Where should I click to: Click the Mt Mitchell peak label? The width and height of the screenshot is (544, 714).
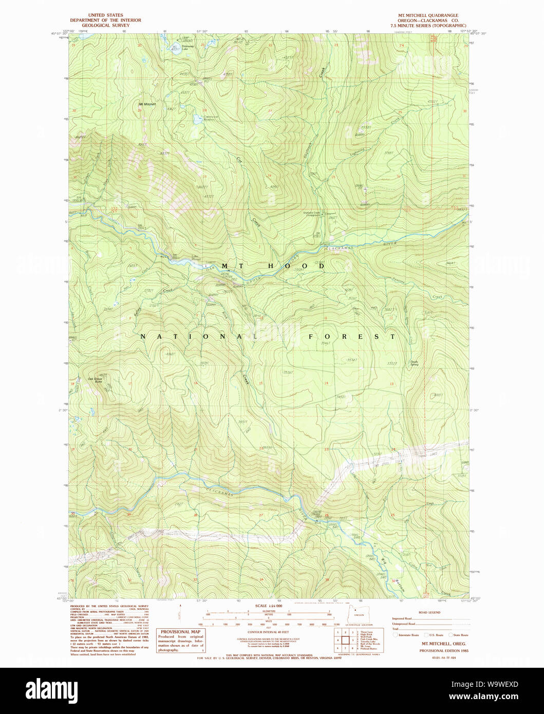(147, 104)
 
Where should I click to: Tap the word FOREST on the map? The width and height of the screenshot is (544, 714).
(352, 336)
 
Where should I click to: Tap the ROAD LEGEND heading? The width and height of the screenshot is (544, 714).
(429, 613)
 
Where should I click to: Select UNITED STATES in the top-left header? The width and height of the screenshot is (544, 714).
(105, 15)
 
